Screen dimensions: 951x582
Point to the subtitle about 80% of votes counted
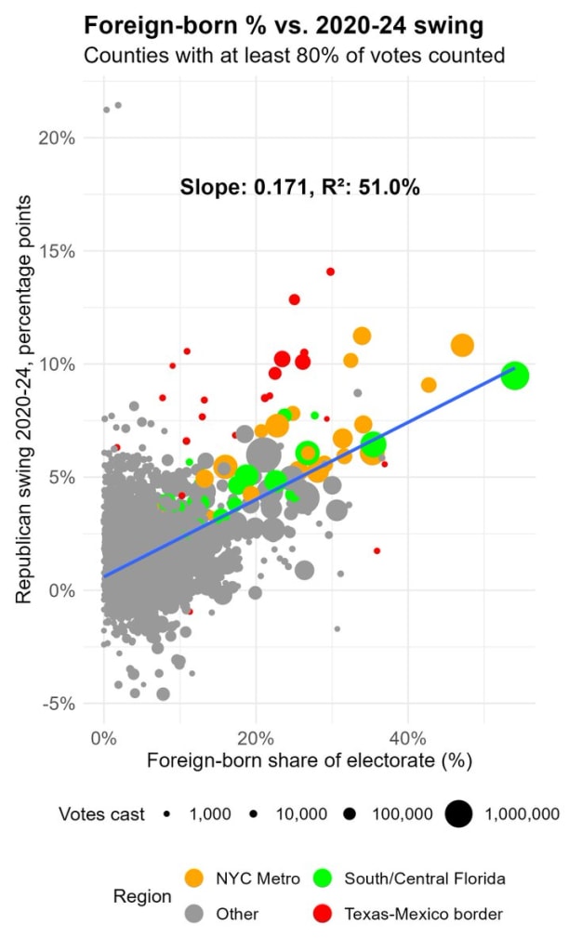pos(294,56)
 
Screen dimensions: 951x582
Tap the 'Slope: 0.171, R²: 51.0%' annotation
pos(299,188)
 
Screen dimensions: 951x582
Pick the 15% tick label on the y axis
pos(58,251)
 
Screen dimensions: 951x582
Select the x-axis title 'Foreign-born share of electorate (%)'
pos(309,761)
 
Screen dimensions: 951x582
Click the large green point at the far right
pos(514,376)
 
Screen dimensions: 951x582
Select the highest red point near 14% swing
pos(330,271)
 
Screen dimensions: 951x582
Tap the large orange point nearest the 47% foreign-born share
pos(462,346)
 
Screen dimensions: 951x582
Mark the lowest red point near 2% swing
pos(377,550)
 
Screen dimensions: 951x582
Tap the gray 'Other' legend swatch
pos(193,914)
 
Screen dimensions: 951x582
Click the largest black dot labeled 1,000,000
pos(458,814)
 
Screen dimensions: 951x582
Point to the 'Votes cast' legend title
pos(102,814)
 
